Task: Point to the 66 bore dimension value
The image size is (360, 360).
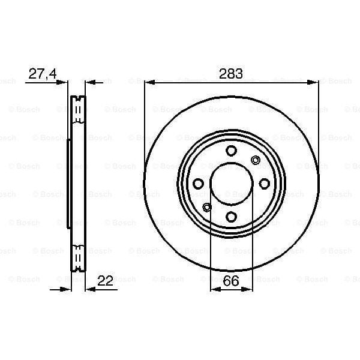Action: coord(231,280)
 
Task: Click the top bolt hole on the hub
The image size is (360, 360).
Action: coord(232,151)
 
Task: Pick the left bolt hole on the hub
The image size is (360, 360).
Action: coord(198,184)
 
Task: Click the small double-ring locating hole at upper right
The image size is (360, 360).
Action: coord(256,160)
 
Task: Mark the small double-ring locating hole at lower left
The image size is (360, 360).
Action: coord(207,208)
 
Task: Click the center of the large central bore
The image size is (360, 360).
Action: coord(232,184)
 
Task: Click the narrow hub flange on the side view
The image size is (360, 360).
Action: coord(68,184)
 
